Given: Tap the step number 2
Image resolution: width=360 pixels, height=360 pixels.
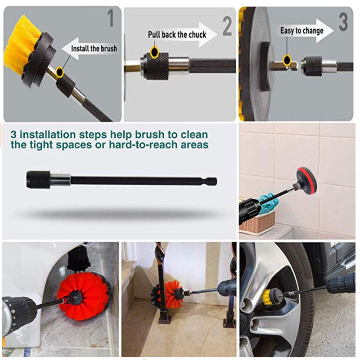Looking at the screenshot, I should point(227,27).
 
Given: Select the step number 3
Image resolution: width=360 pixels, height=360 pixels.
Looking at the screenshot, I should point(343,22).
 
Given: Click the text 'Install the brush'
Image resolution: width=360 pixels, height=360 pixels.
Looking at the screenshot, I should point(94,49).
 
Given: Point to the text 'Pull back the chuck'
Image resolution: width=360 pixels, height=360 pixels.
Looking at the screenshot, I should point(177,35).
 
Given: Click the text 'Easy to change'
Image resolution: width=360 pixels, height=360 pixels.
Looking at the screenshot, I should point(301,31).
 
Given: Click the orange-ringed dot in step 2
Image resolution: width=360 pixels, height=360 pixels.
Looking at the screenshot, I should point(154,53).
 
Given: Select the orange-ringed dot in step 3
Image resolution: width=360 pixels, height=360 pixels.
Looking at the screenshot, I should point(286,59).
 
